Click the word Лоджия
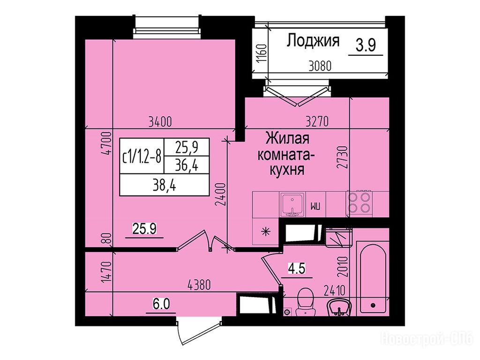tap(313, 41)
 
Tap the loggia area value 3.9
tap(366, 45)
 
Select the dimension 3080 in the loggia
tap(320, 66)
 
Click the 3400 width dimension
tap(160, 122)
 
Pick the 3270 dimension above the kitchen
tap(317, 121)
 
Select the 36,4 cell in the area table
tap(187, 166)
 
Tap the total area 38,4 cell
tap(165, 185)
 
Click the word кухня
tap(287, 170)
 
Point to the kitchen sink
tap(292, 205)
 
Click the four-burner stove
tap(359, 202)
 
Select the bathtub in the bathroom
tap(373, 278)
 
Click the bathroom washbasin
tap(338, 307)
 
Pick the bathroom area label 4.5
tap(296, 270)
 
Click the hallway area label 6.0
tap(161, 305)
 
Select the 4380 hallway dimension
tap(199, 285)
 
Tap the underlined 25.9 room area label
tap(144, 229)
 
